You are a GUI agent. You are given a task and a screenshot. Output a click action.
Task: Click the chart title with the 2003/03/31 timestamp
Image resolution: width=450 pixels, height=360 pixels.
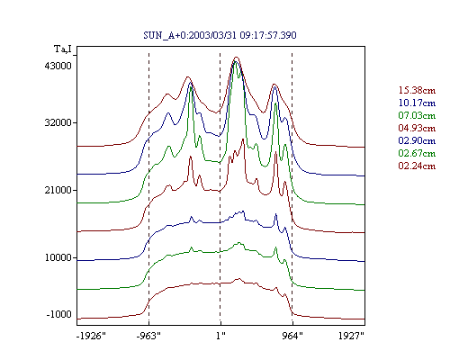tap(220, 35)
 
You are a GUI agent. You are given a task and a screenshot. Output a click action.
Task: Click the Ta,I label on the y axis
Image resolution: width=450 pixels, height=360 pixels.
tap(63, 49)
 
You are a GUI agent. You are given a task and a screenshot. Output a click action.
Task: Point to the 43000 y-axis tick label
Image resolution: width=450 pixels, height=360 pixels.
tap(58, 66)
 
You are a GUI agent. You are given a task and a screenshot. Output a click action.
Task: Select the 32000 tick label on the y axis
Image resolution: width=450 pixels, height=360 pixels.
tap(58, 122)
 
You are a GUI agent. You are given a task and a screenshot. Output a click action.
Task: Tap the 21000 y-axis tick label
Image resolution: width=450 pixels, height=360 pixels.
tap(58, 190)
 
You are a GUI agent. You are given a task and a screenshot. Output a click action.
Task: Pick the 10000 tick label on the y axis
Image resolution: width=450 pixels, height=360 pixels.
tap(58, 257)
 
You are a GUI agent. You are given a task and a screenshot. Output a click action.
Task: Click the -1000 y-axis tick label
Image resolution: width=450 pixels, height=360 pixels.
tap(59, 314)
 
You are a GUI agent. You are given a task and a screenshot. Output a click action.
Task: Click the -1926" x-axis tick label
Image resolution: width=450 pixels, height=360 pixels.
tap(91, 336)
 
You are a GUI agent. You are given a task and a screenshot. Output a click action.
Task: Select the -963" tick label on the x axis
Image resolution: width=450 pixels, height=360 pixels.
tap(148, 336)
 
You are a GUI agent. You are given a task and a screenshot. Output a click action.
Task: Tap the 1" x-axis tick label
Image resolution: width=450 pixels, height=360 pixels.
tap(220, 336)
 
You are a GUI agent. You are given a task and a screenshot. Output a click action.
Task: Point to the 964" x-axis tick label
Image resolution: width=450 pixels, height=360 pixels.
tap(292, 336)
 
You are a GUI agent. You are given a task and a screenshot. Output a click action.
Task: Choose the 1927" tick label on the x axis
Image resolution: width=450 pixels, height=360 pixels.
tap(351, 336)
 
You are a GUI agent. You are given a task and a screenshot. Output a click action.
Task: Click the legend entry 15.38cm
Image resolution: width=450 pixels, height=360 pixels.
tap(417, 90)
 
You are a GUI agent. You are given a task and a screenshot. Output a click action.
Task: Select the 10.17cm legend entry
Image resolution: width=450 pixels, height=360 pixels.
tap(417, 103)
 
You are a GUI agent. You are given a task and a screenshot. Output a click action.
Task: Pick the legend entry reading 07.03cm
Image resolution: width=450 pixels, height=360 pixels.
tap(417, 115)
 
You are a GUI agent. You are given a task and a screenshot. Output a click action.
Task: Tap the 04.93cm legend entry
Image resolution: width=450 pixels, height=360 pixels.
tap(417, 128)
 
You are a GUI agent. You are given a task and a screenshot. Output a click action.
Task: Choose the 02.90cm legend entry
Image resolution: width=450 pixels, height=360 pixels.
tap(417, 140)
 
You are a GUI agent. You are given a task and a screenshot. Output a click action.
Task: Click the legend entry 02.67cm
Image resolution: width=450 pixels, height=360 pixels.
tap(417, 153)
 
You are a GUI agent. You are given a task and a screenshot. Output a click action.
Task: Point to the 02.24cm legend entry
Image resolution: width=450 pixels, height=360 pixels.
tap(417, 166)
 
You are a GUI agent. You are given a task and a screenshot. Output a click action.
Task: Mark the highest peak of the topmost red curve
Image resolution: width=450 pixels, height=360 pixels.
tap(237, 57)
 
